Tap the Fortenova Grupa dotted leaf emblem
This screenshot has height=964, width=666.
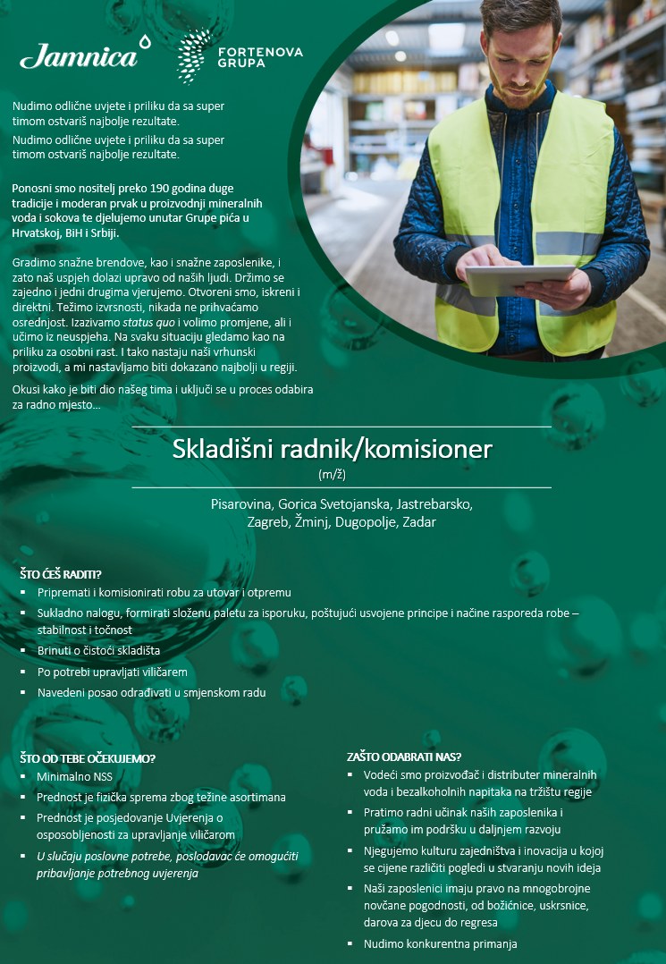(x=194, y=55)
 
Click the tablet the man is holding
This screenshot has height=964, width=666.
(x=519, y=280)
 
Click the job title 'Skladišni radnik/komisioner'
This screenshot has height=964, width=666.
(x=333, y=448)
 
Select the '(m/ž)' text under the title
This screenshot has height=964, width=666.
(x=333, y=474)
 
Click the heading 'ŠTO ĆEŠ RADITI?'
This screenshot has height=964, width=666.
(x=61, y=574)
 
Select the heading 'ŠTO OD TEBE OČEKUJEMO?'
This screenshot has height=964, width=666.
(x=88, y=759)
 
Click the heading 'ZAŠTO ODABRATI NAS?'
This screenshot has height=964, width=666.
(x=404, y=757)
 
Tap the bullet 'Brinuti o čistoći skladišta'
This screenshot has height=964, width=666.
(x=98, y=651)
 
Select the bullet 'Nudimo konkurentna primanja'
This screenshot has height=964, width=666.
(x=440, y=943)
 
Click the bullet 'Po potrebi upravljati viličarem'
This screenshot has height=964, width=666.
(x=112, y=672)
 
